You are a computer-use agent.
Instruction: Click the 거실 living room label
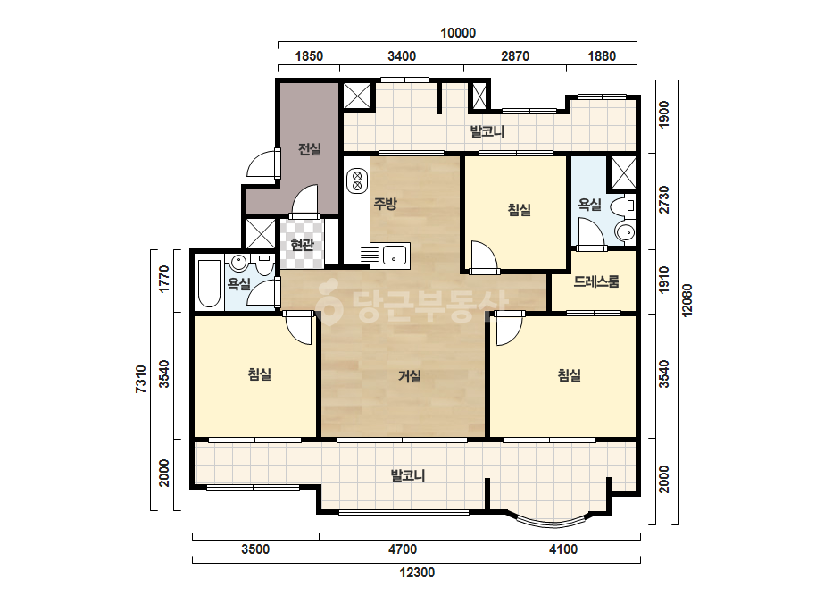click(410, 375)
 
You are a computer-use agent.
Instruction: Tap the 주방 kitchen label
click(385, 204)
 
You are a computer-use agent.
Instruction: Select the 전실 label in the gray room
click(310, 149)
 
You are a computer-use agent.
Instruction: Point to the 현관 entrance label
click(302, 244)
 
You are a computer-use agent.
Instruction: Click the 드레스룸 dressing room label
click(596, 281)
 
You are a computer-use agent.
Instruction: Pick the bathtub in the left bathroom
click(209, 283)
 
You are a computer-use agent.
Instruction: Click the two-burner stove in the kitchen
click(357, 180)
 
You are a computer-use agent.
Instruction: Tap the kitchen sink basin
click(395, 256)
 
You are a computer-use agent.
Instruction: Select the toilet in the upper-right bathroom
click(624, 206)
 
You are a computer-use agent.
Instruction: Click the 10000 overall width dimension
click(458, 33)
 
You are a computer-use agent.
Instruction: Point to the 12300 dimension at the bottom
click(417, 573)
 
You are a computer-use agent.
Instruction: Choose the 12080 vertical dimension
click(687, 300)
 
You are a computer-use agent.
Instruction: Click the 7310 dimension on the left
click(141, 379)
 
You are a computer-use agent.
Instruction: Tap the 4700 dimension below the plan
click(403, 549)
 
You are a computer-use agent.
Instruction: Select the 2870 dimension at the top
click(515, 55)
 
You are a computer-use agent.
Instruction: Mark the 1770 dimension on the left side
click(164, 280)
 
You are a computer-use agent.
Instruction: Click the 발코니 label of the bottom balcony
click(408, 475)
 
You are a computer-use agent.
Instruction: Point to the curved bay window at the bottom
click(552, 521)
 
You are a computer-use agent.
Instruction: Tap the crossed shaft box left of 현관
click(261, 233)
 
